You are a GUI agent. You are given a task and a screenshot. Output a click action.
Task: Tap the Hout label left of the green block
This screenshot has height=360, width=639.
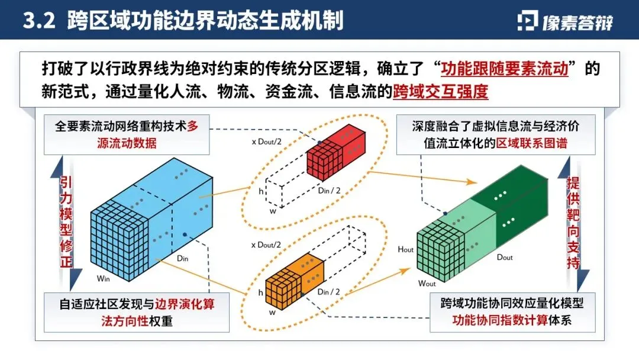(406, 250)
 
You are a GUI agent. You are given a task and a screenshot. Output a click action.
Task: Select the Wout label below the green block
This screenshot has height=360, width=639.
(427, 284)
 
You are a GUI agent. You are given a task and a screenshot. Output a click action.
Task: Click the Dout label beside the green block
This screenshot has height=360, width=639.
(505, 257)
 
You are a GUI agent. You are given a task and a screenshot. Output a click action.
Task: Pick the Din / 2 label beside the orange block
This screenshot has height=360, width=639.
(328, 291)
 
